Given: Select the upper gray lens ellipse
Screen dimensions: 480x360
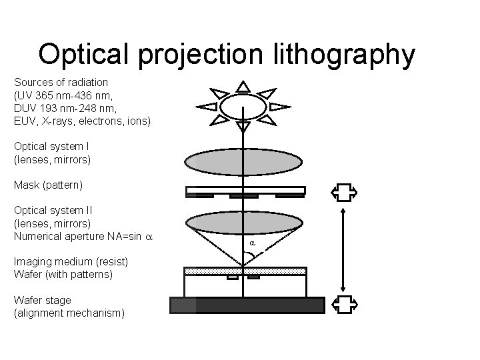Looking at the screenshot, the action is point(244,162).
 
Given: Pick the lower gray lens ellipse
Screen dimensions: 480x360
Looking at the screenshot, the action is point(244,222).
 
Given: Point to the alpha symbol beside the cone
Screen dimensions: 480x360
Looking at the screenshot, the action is point(253,244).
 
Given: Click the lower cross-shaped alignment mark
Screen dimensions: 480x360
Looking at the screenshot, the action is point(344,304).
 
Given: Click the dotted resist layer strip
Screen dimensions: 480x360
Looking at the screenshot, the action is point(245,271).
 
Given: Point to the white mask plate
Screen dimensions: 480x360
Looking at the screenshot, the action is point(245,191).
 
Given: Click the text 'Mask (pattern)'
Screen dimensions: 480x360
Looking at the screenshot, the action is point(48,183).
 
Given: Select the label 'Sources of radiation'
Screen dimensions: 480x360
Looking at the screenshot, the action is point(61,82).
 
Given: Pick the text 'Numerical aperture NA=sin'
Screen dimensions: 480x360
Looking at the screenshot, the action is point(79,236).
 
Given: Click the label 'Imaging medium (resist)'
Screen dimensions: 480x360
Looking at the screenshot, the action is point(71,261).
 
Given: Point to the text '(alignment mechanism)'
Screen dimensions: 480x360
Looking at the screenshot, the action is point(69,313).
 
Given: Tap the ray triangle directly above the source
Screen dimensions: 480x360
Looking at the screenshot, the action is point(243,86).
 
